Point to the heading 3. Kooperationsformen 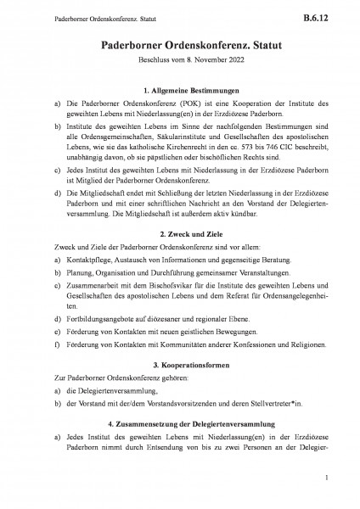click(180, 340)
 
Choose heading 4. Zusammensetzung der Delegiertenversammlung click(180, 399)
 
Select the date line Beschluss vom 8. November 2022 click(180, 62)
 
